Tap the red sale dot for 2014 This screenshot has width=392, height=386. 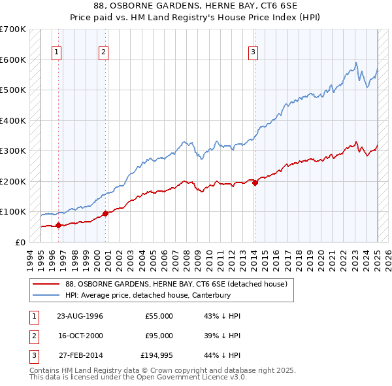coord(255,183)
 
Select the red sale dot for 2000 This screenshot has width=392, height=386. coord(105,213)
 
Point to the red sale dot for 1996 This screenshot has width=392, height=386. coord(59,225)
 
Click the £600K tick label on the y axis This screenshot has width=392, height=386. coord(13,60)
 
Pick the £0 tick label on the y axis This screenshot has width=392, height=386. coord(20,242)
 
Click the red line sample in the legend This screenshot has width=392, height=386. coord(46,285)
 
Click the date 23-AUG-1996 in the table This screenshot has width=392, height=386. coord(80,316)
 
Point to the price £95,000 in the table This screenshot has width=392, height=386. coord(159,336)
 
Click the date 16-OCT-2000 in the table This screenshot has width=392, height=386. coord(80,336)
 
